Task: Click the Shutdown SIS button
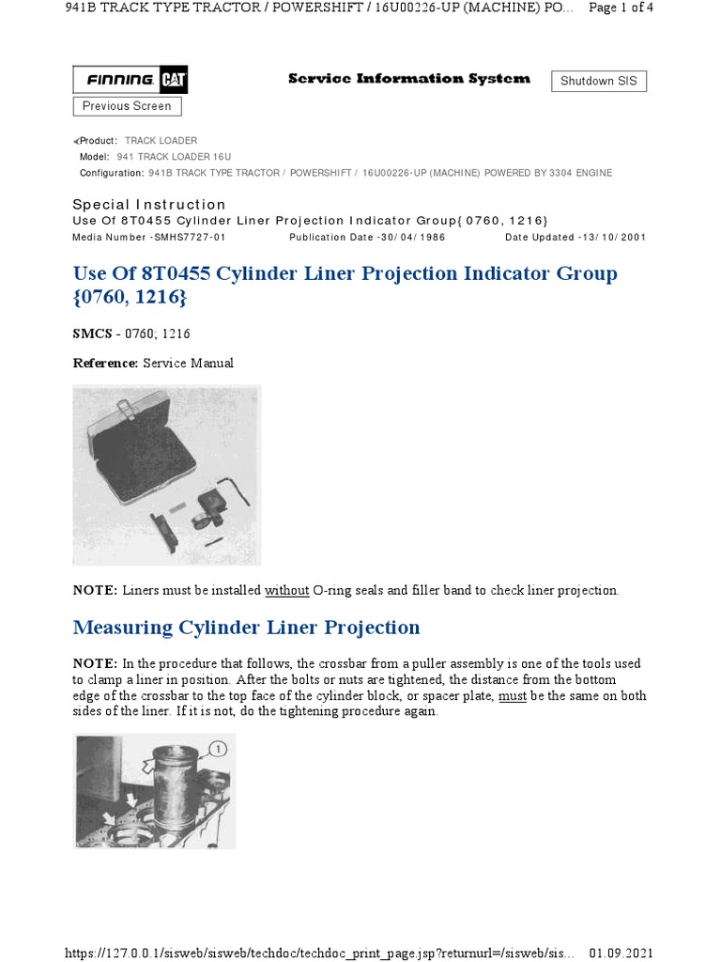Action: tap(598, 81)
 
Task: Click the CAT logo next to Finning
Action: tap(174, 81)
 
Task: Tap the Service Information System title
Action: tap(408, 79)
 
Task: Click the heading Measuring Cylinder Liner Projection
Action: tap(246, 627)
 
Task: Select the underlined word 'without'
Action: tap(286, 591)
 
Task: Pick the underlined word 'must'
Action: tap(512, 696)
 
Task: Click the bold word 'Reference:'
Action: tap(105, 363)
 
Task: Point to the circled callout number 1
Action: tap(217, 749)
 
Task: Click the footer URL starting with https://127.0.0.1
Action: tap(319, 953)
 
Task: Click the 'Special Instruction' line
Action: tap(149, 205)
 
